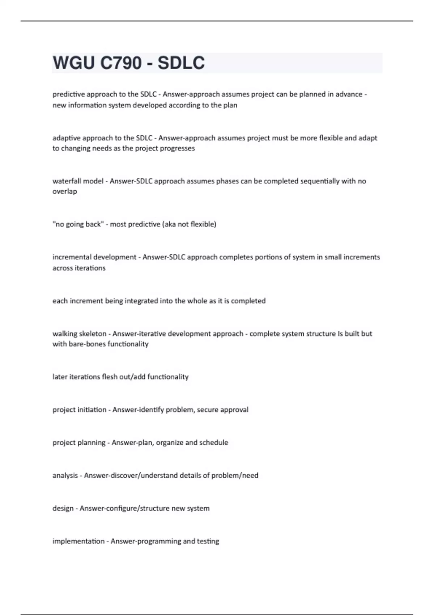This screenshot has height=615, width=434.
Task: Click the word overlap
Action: (x=65, y=191)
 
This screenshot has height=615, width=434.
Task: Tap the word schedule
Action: (x=214, y=443)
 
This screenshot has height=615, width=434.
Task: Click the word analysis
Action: (x=65, y=476)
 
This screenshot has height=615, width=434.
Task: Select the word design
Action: (x=63, y=509)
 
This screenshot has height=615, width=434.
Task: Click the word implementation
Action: (x=78, y=542)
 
